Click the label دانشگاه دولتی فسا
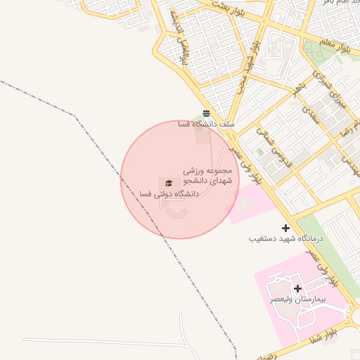155,193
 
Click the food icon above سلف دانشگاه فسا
206,112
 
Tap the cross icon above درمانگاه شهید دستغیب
285,228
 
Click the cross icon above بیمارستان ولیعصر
298,288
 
